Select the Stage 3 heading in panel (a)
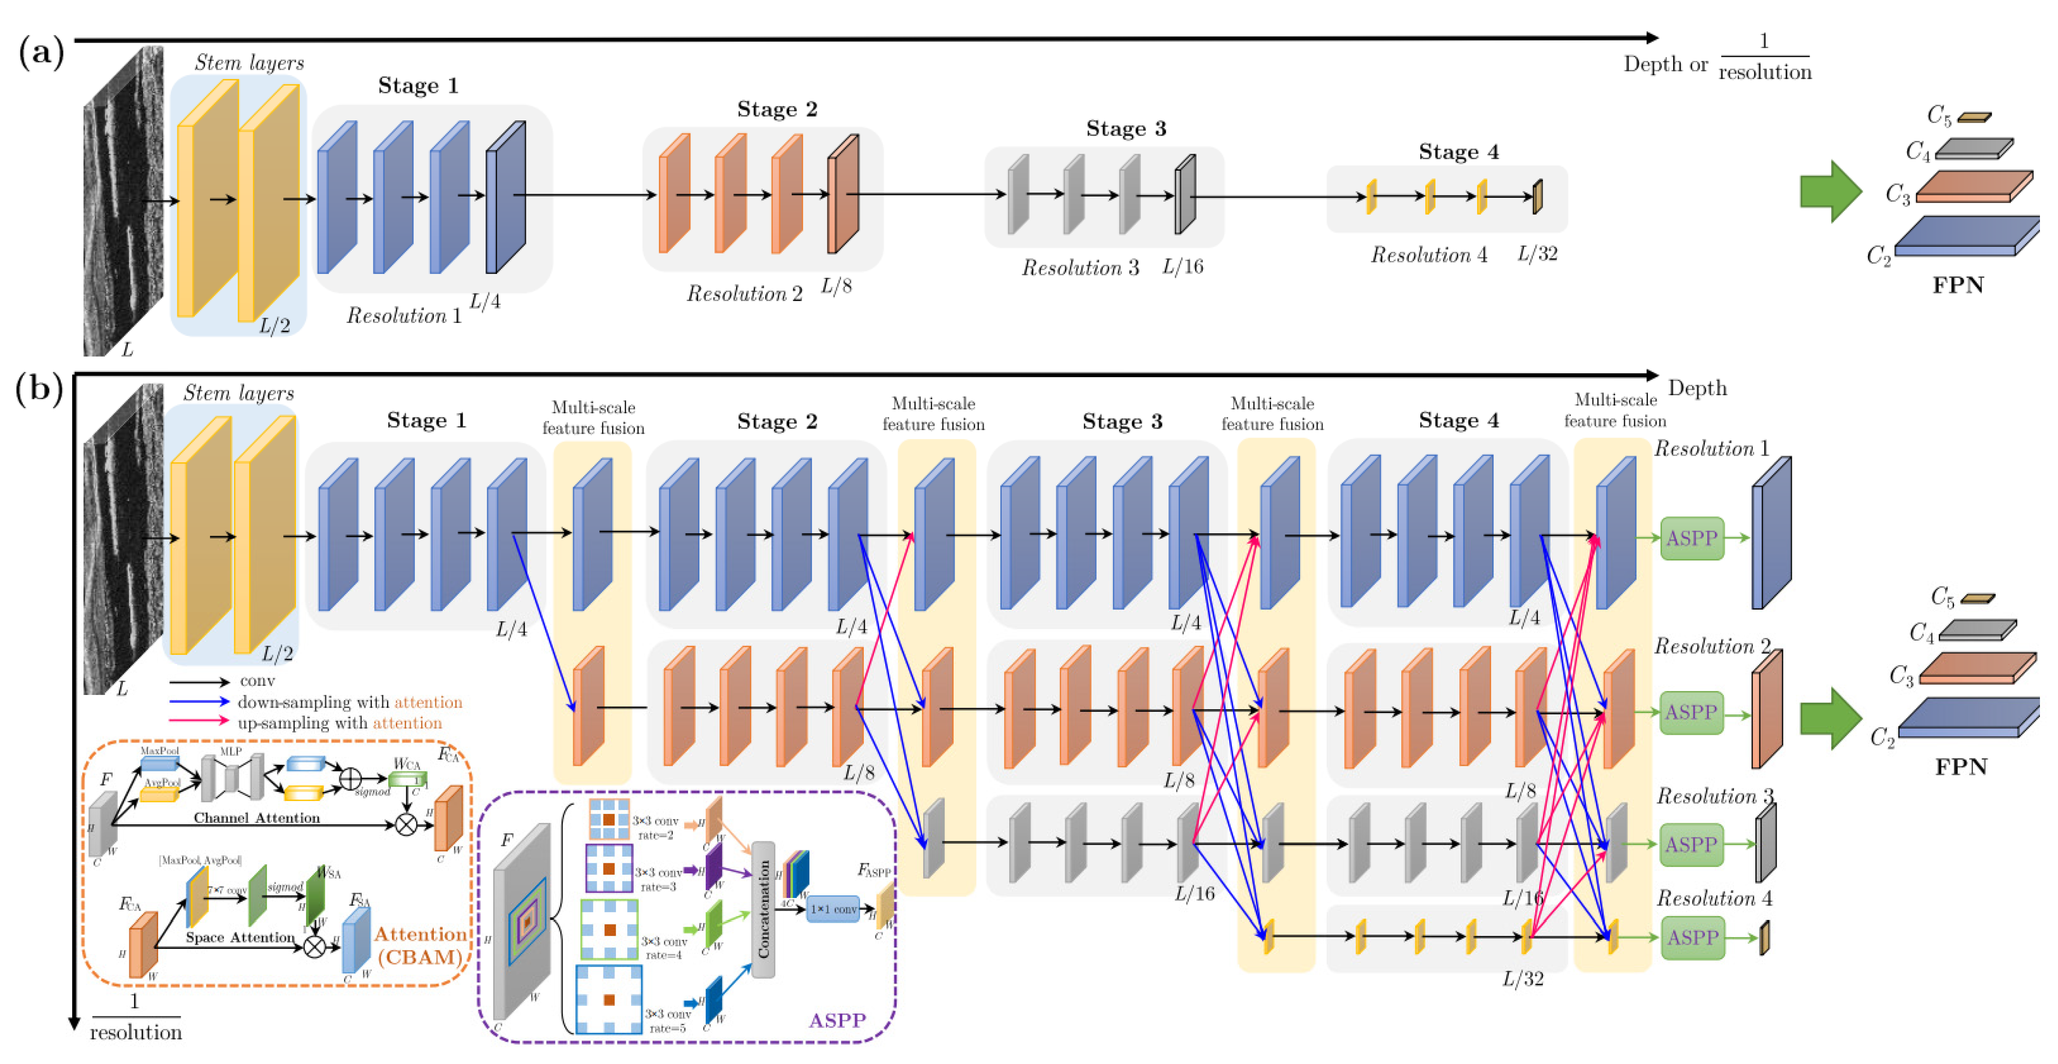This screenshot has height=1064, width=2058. click(1126, 129)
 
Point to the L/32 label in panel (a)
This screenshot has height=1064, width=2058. click(1537, 254)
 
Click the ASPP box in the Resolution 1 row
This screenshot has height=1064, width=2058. click(1691, 538)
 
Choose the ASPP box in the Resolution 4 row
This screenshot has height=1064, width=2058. click(1691, 937)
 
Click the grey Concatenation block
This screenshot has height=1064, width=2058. click(763, 909)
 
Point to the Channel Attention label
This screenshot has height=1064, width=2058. click(257, 818)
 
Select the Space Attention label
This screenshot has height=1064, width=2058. click(239, 937)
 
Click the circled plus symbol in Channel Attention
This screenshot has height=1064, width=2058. click(350, 778)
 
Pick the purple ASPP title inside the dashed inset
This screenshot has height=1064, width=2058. click(836, 1021)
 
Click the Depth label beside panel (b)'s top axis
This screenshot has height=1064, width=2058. click(1697, 389)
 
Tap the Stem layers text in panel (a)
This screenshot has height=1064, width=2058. click(249, 63)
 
